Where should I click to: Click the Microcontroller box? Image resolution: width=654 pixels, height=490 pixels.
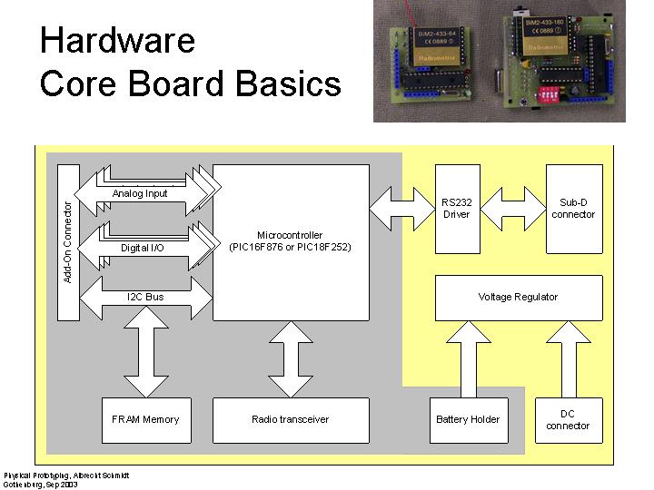pos(291,241)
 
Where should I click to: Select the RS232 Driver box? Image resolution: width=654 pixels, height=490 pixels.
pos(457,209)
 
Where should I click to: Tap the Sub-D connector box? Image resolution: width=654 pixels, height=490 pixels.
pos(573,209)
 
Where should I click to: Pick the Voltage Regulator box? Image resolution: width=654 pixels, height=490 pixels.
pos(518,298)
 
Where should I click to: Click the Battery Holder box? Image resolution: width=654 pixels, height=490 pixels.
pos(468,419)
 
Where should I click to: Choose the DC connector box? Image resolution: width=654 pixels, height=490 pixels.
pos(568,419)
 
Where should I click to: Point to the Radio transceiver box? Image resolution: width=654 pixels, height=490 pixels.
pos(291,419)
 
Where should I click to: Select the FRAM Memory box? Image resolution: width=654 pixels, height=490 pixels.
pos(145,419)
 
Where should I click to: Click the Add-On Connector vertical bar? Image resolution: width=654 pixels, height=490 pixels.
pos(68,241)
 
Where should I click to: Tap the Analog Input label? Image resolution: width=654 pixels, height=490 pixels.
pos(140,194)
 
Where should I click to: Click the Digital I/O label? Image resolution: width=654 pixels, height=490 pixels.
pos(143,247)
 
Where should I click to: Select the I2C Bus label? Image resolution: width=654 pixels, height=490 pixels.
pos(145,297)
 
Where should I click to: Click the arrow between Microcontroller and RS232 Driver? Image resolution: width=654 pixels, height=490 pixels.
pos(402,209)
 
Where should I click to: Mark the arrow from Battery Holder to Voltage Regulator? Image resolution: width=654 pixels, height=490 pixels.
pos(469,358)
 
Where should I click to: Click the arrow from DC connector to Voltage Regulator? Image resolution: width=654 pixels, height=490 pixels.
pos(568,358)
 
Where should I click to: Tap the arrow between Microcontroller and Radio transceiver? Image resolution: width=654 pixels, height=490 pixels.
pos(291,358)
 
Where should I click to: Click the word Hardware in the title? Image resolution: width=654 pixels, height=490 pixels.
pos(117,40)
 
